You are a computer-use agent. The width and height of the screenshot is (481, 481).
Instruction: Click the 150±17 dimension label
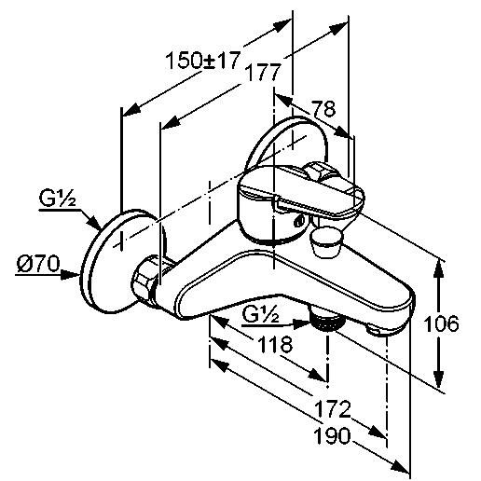[x=203, y=61]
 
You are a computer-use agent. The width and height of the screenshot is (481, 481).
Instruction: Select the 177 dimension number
[x=263, y=73]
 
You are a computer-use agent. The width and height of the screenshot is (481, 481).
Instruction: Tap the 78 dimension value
[x=323, y=108]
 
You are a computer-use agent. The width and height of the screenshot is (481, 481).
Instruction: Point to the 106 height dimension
[x=441, y=323]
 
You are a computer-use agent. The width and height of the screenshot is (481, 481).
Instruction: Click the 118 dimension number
[x=275, y=344]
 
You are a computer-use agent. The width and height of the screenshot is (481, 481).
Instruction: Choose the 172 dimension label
[x=333, y=409]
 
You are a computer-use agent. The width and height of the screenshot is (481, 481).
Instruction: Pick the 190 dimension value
[x=332, y=436]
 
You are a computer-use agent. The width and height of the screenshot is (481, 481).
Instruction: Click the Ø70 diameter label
[x=38, y=264]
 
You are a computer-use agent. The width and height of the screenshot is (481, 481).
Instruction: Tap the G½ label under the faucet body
[x=260, y=315]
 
